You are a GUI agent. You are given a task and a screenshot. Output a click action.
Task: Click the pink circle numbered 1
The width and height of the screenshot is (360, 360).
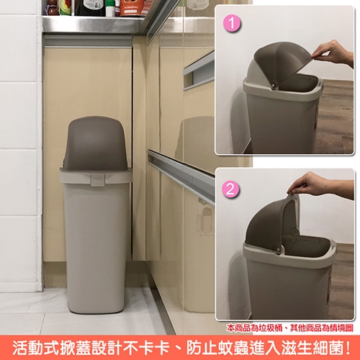[x=232, y=24]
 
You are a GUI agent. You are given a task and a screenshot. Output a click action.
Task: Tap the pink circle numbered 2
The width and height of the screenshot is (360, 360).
[x=230, y=189]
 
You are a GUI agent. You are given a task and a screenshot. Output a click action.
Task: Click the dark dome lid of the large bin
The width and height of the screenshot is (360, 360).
[x=96, y=143]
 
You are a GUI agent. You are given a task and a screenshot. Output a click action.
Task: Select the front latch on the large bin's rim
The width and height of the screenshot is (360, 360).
[x=98, y=179]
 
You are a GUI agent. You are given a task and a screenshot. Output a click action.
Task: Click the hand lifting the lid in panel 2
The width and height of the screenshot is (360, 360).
[x=319, y=185]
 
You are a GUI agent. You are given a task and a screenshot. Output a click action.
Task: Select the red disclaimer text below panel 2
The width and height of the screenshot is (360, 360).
[x=290, y=328]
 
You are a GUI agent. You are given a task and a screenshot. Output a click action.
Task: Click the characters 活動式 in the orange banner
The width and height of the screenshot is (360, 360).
[x=36, y=347]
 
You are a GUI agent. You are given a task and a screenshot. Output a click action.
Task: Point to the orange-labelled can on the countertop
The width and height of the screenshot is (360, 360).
[x=132, y=8]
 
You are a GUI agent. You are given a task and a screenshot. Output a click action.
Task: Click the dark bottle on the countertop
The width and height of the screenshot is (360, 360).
[x=90, y=8]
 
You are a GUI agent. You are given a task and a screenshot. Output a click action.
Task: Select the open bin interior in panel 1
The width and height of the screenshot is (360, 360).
[x=300, y=83]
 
